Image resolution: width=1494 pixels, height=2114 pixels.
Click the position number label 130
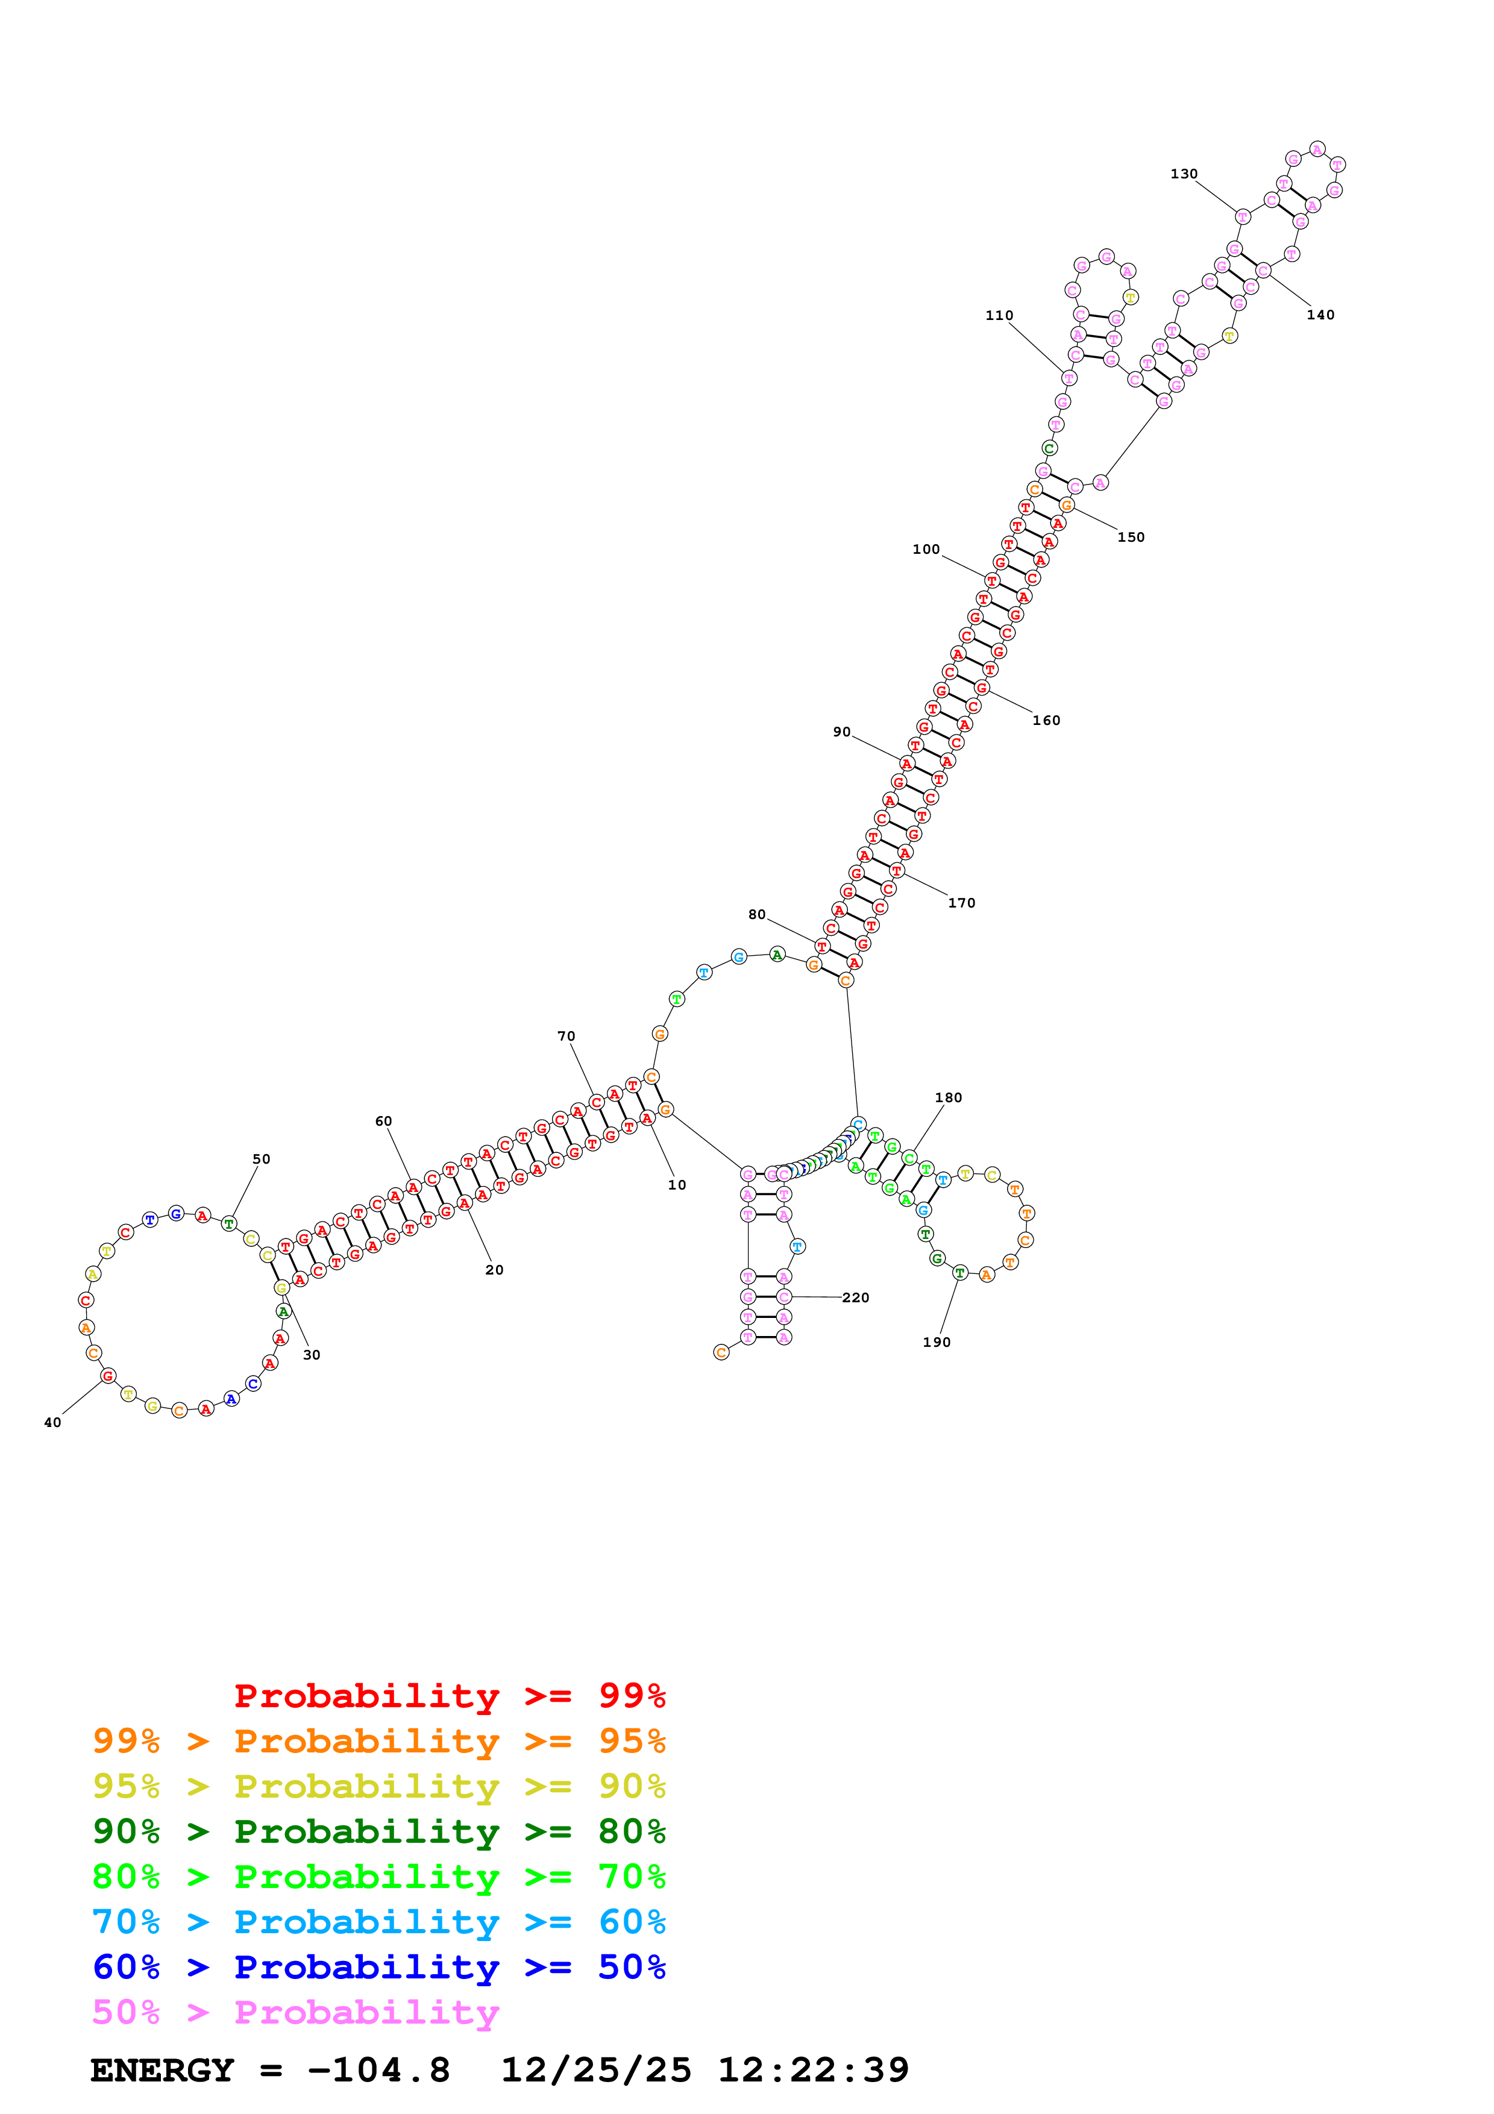pos(1183,174)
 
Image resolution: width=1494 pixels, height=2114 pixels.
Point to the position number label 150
pos(1131,538)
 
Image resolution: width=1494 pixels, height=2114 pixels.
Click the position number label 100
pos(926,550)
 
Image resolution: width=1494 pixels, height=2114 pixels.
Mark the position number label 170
pos(961,903)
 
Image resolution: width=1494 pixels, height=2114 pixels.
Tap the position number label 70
pos(566,1037)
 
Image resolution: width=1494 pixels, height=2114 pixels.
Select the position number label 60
pos(383,1121)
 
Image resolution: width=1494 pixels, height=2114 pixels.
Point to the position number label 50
pos(262,1159)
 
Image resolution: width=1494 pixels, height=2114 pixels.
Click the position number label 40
pos(52,1423)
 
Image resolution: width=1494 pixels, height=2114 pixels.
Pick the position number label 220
pos(855,1297)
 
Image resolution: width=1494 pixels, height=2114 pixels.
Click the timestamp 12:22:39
pos(813,2070)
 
